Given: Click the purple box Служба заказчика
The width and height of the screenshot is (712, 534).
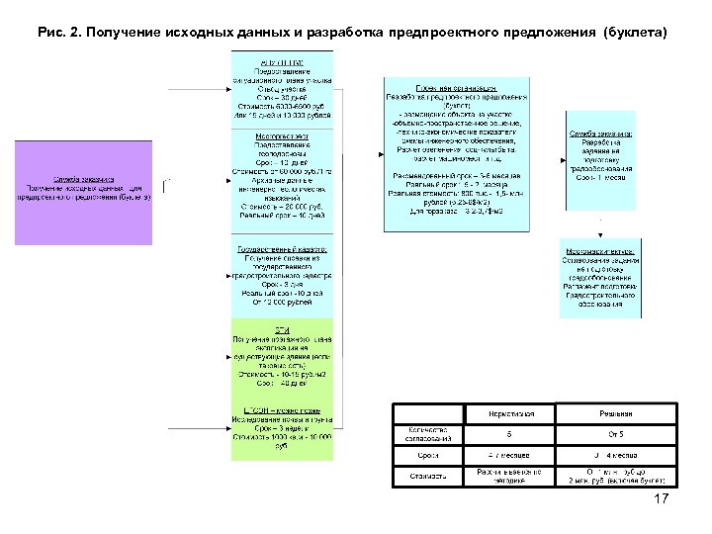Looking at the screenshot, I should [x=83, y=192].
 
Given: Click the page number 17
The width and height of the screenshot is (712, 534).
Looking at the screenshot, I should [x=662, y=499].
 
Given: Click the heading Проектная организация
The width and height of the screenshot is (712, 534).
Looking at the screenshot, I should [x=456, y=87].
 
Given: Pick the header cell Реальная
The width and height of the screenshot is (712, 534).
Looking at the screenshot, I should [x=615, y=413].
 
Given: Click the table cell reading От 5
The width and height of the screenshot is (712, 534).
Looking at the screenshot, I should [x=615, y=434].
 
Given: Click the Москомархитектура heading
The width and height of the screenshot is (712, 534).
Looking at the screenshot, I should [x=600, y=251].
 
